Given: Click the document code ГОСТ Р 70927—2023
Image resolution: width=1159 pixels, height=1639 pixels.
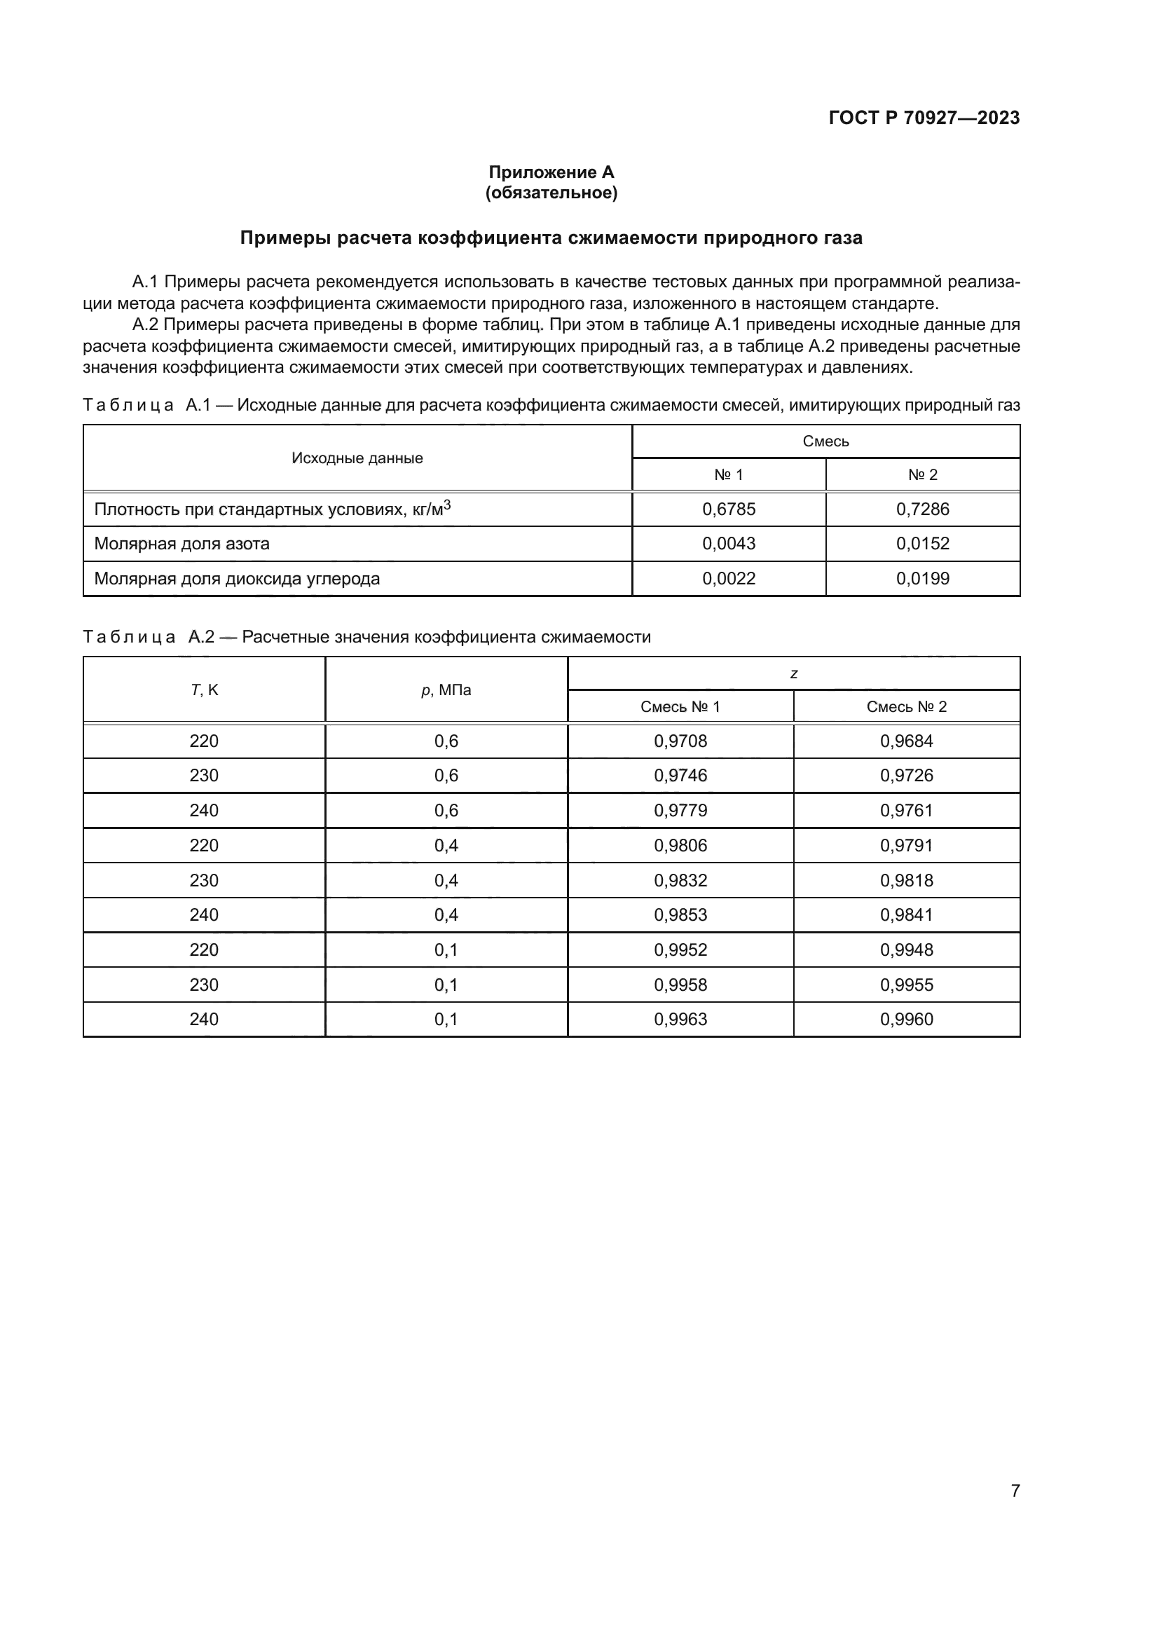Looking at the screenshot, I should point(924,118).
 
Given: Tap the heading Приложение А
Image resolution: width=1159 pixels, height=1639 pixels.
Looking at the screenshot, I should point(551,172).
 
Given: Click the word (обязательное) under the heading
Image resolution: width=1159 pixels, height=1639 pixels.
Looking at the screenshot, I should point(551,193).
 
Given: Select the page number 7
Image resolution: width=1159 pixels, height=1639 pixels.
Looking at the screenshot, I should point(1015,1490).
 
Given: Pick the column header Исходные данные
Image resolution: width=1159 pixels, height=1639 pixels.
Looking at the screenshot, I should point(357,458).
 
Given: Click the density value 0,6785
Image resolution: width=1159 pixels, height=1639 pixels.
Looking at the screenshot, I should point(729,509).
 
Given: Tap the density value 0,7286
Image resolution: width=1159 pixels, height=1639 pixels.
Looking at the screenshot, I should point(922,509).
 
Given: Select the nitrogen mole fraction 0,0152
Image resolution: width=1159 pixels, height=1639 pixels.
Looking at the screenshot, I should point(922,543).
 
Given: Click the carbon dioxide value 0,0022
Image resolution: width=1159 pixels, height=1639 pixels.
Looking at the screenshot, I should point(729,578).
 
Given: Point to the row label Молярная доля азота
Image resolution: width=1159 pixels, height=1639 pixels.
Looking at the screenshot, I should point(182,543).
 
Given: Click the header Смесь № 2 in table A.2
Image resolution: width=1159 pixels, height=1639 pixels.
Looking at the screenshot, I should point(906,707).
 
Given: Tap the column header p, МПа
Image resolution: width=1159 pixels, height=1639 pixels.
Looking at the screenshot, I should point(446,690).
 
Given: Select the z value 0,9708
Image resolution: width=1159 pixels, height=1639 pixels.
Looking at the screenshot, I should point(680,741).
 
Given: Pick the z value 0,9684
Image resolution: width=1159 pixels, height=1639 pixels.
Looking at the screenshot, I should point(906,741).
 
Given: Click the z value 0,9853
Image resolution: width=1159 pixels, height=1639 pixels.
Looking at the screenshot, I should point(680,914).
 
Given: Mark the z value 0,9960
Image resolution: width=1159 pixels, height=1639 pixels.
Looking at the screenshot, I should point(906,1019).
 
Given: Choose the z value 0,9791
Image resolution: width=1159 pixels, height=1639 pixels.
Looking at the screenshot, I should point(906,845).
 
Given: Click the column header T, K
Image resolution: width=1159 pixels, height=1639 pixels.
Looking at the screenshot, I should point(204,690).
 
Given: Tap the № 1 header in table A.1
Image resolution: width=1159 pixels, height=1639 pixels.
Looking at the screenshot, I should point(729,474).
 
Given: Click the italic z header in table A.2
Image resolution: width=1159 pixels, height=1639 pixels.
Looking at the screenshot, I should point(794,674).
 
